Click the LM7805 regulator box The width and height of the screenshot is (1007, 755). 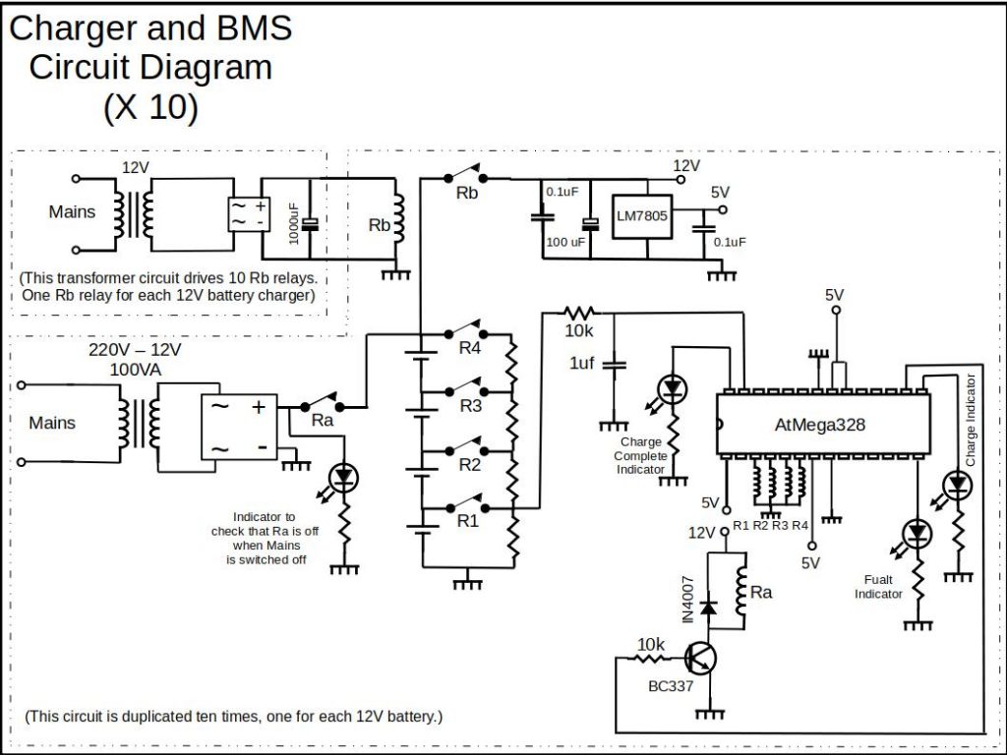pos(641,217)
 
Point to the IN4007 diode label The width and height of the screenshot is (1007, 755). pos(687,599)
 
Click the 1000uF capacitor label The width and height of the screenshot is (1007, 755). pos(294,223)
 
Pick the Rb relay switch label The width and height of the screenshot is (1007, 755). pos(467,194)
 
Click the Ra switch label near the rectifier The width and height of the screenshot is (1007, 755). pos(322,420)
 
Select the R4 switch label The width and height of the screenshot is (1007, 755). pos(469,348)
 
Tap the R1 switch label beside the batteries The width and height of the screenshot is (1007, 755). pos(468,521)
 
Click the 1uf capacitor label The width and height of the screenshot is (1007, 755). pos(582,364)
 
